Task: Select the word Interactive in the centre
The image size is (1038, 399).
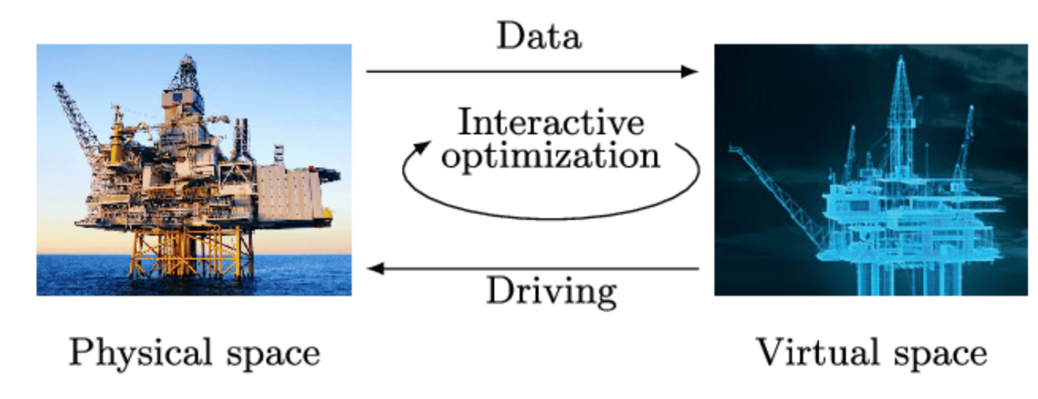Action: tap(550, 123)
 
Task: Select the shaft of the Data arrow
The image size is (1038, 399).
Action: tap(522, 71)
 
